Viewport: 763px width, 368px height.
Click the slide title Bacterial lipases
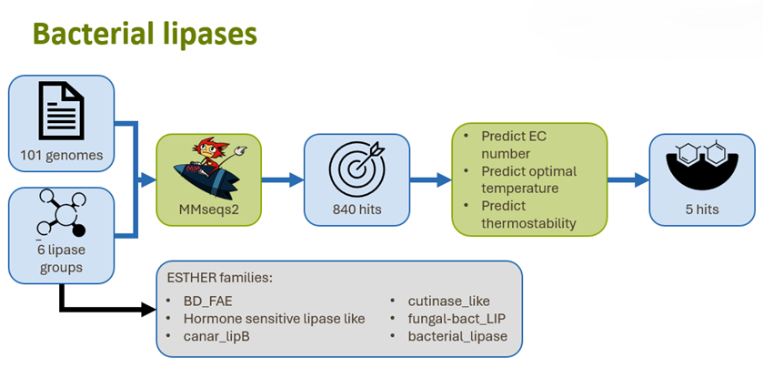[146, 34]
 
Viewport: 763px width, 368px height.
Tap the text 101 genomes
[62, 155]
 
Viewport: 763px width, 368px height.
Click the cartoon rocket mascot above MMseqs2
[208, 168]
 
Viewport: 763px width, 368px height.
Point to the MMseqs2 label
[208, 210]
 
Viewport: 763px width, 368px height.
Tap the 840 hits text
[356, 210]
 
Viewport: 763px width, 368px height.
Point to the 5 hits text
[702, 210]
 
